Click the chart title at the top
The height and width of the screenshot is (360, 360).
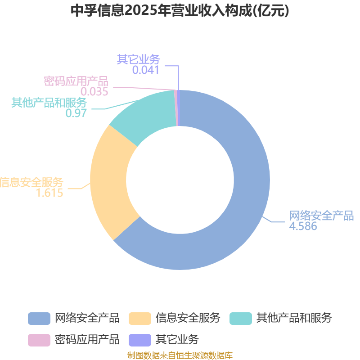click(180, 10)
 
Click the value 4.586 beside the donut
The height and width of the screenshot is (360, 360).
click(303, 226)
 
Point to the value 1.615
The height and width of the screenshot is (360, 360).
click(49, 193)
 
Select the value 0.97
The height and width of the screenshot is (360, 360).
click(76, 113)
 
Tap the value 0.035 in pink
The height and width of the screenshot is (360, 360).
click(94, 91)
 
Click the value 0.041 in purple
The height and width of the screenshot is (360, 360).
click(145, 70)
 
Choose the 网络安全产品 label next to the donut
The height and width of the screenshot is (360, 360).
click(321, 216)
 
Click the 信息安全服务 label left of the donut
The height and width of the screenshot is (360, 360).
click(31, 182)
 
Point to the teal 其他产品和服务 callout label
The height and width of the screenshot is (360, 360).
click(49, 103)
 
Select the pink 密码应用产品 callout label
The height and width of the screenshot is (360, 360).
click(76, 81)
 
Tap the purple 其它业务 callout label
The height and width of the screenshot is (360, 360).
click(138, 59)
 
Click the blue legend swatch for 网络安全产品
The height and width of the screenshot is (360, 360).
click(39, 319)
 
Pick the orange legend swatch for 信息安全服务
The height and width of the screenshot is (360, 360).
click(140, 319)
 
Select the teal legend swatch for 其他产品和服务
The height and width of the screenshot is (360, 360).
click(241, 319)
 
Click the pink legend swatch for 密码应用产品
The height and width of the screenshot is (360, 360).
click(39, 340)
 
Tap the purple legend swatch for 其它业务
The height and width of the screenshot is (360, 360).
click(140, 340)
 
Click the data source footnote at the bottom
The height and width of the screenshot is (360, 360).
click(180, 355)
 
